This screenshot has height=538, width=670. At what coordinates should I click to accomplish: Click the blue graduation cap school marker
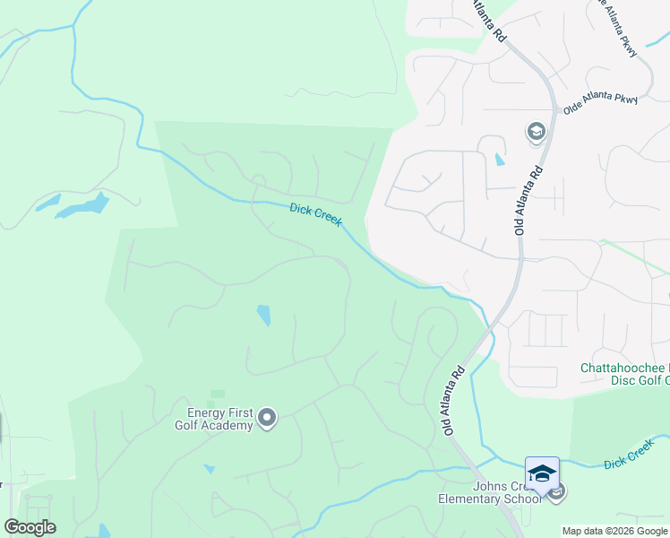tap(542, 473)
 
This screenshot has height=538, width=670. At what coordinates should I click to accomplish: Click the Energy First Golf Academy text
tap(214, 419)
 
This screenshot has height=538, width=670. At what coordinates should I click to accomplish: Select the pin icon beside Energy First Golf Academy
tap(267, 417)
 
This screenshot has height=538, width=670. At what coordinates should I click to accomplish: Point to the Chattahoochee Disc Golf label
tap(624, 375)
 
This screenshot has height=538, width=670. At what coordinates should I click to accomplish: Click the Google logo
tap(30, 527)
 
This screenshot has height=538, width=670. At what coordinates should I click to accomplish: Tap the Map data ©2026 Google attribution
tap(615, 531)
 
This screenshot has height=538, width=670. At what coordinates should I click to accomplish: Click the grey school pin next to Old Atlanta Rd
tap(537, 133)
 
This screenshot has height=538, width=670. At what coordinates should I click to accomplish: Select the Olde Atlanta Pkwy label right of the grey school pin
tap(600, 100)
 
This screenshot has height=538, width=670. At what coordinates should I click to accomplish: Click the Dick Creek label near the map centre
tap(315, 214)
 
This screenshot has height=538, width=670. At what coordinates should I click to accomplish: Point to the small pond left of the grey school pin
tap(499, 160)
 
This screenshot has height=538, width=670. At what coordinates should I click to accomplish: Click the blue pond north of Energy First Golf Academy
tap(263, 315)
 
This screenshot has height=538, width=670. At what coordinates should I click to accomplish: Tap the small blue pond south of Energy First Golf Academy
tap(209, 468)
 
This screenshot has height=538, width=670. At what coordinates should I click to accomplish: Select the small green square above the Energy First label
tap(218, 394)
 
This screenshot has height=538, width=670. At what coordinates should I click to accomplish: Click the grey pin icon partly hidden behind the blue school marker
tap(558, 491)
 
